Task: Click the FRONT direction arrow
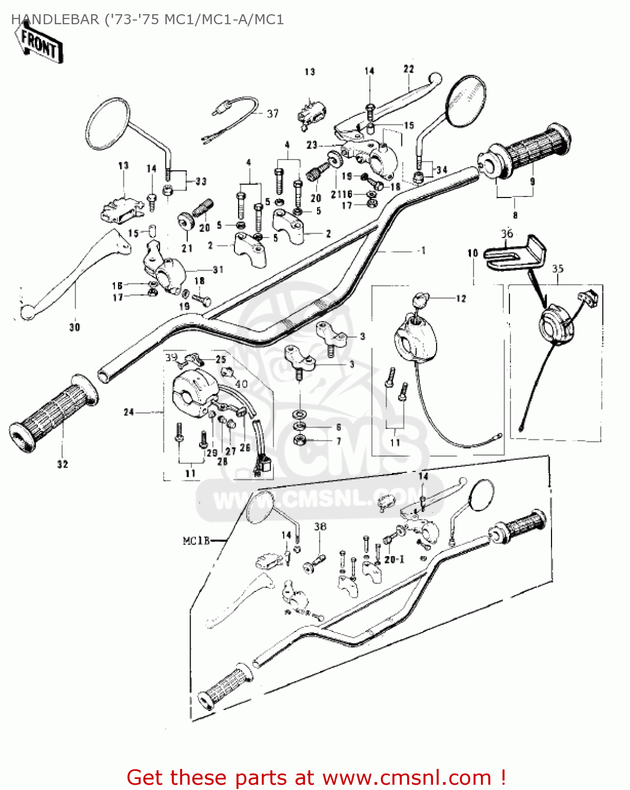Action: [39, 44]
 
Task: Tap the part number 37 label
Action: [272, 113]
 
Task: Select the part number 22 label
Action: [409, 69]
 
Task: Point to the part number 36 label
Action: [507, 233]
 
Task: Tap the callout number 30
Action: [75, 327]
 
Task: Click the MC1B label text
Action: [196, 540]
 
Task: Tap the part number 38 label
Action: [320, 526]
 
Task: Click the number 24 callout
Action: [129, 412]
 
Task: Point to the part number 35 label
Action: [557, 269]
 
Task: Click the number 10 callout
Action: [472, 253]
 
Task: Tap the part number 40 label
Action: [241, 383]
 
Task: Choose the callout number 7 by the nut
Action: [338, 441]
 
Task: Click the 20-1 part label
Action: [394, 559]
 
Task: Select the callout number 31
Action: [218, 270]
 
